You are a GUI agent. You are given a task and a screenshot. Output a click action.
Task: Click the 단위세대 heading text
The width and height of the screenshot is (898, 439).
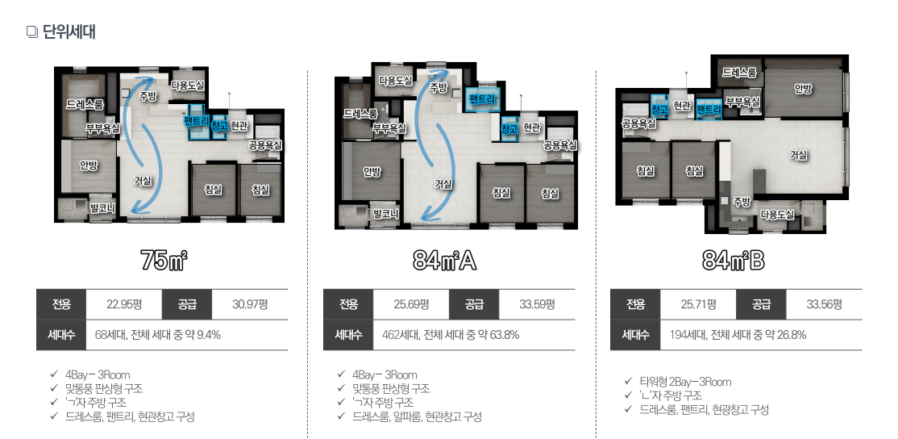(x=69, y=32)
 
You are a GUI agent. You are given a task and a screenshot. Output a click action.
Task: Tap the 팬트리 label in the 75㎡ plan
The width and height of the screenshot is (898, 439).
(x=197, y=120)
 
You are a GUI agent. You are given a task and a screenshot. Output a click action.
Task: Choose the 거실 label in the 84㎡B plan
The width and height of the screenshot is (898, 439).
(x=798, y=155)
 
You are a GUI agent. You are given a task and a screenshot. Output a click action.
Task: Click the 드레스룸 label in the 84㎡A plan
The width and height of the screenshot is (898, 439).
(x=361, y=114)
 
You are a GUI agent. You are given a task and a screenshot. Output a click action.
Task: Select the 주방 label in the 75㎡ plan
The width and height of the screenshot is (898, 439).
(x=148, y=96)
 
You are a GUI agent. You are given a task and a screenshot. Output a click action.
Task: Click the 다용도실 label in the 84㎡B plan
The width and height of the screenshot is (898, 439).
(x=777, y=215)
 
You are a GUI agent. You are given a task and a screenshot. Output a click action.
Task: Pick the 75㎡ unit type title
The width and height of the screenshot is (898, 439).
(x=164, y=261)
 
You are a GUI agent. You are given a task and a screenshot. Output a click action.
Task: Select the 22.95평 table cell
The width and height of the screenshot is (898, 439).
(x=124, y=303)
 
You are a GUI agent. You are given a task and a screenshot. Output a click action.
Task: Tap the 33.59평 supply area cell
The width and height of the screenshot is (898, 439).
(x=537, y=303)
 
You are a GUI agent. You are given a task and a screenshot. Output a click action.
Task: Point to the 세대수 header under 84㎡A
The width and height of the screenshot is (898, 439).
(x=348, y=335)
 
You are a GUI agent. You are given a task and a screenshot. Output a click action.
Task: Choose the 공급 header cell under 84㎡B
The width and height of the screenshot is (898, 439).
(x=761, y=303)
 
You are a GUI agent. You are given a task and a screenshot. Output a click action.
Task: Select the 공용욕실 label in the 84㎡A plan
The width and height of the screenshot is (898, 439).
(x=559, y=145)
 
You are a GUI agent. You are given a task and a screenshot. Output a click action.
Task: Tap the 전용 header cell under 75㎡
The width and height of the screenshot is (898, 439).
(x=61, y=303)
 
